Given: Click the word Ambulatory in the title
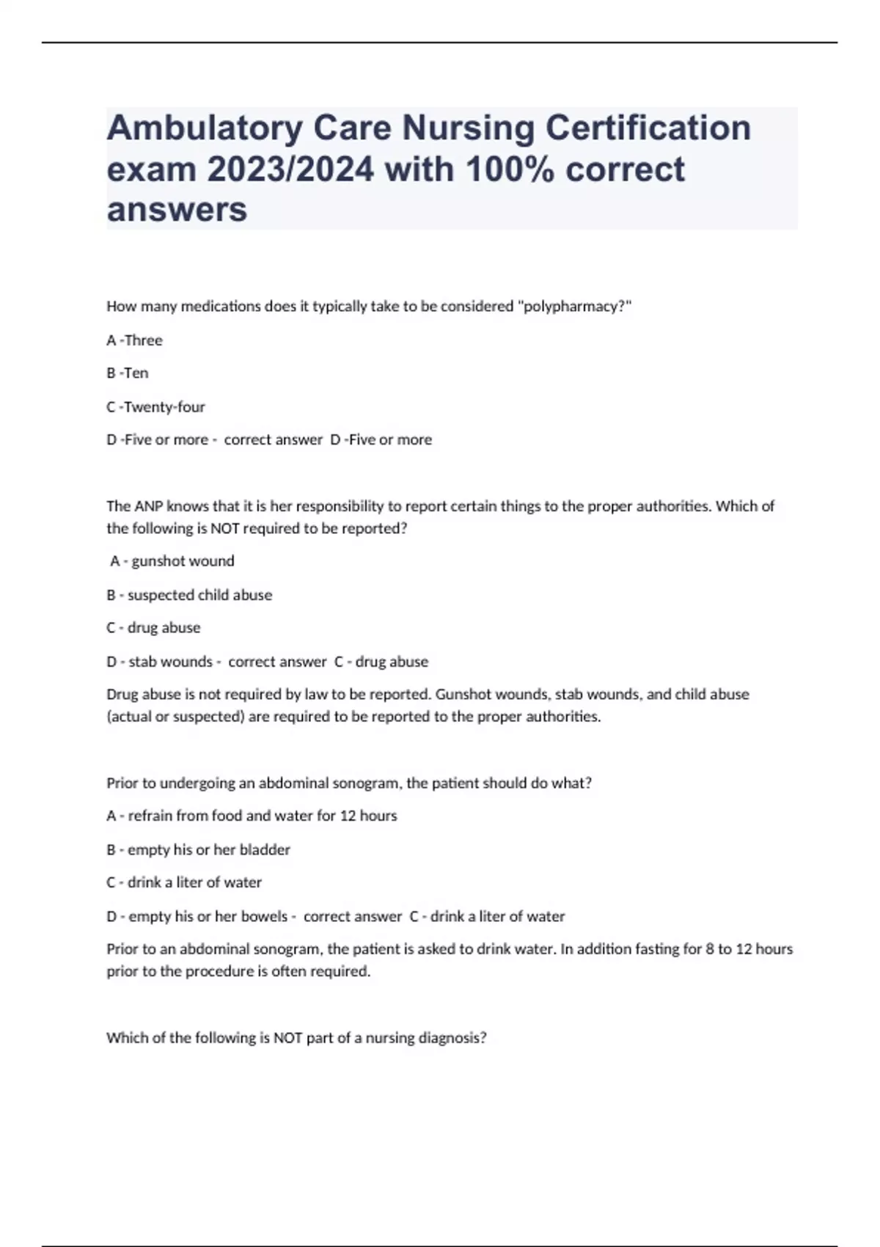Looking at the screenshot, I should [205, 128].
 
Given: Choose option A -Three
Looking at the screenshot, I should [135, 340].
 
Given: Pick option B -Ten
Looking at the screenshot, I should [128, 373].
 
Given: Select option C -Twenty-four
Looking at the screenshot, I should [155, 407].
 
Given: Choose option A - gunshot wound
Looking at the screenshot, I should [173, 561].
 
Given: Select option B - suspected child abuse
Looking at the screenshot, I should [189, 595].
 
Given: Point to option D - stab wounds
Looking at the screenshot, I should [160, 662].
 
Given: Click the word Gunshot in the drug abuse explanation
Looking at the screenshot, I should [461, 695].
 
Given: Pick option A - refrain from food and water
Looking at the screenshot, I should [252, 816].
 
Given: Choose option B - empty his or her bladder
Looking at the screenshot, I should [198, 849].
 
